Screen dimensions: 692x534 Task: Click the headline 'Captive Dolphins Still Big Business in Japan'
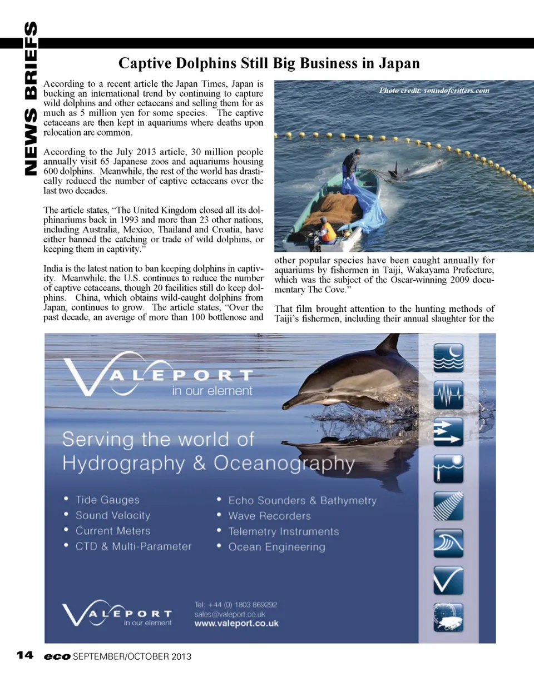tap(269, 63)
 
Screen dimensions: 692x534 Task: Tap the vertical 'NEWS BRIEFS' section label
tap(31, 99)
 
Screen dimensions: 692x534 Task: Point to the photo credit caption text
tap(434, 90)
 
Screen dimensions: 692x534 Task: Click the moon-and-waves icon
tap(448, 358)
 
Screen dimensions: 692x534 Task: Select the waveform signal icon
tap(448, 395)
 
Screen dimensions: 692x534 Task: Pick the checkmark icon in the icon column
tap(448, 580)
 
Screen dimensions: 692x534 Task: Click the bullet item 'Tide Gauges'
tap(107, 500)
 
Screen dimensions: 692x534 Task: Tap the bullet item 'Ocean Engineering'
tap(276, 547)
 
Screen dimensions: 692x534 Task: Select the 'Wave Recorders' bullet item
tap(269, 516)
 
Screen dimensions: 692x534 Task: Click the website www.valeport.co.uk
tap(236, 624)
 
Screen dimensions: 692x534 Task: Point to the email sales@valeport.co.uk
tap(229, 614)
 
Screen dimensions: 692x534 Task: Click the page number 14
tap(24, 655)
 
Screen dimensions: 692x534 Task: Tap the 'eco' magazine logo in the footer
tap(57, 656)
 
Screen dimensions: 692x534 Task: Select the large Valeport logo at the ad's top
tap(159, 375)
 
